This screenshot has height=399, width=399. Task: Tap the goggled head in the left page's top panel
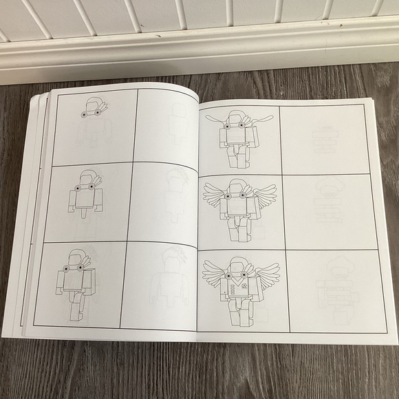pos(91,109)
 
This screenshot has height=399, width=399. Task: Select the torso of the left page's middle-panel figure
pos(84,199)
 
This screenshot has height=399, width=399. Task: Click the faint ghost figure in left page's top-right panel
pos(177,124)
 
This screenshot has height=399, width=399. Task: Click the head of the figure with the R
pos(238,266)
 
